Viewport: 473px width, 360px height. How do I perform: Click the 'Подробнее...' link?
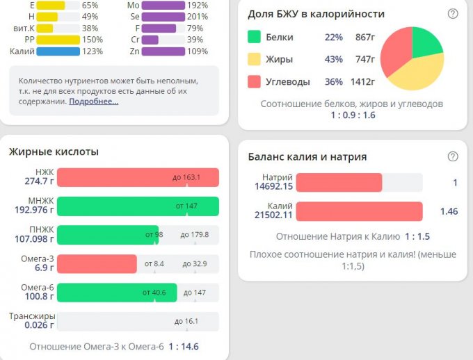tap(94, 101)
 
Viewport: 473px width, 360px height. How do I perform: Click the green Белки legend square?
tap(254, 37)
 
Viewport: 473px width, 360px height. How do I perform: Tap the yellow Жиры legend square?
tap(254, 60)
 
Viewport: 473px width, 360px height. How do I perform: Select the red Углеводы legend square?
tap(254, 82)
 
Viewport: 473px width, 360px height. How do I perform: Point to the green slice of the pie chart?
tap(426, 43)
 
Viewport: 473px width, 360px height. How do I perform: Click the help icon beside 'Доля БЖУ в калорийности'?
tap(453, 13)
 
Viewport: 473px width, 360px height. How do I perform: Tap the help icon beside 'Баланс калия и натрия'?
tap(453, 156)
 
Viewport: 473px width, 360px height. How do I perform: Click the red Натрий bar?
tap(339, 182)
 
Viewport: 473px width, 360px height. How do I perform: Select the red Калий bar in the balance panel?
tap(359, 211)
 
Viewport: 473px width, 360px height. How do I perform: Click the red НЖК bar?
tap(138, 177)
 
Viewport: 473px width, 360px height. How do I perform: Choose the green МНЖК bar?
tap(138, 206)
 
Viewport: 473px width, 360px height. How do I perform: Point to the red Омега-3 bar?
tap(97, 264)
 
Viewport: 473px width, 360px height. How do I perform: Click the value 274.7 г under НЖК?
tap(39, 181)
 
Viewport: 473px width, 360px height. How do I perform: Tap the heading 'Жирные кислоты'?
tap(54, 152)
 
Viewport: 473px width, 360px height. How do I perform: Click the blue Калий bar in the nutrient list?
tap(58, 51)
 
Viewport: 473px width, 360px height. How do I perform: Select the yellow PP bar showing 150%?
tap(58, 40)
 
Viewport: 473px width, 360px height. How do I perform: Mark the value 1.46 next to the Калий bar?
tap(449, 211)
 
